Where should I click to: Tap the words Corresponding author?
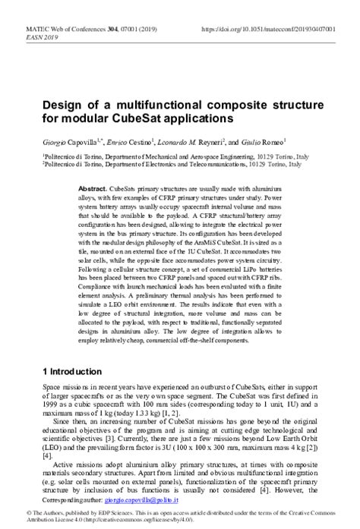[x=72, y=501]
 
